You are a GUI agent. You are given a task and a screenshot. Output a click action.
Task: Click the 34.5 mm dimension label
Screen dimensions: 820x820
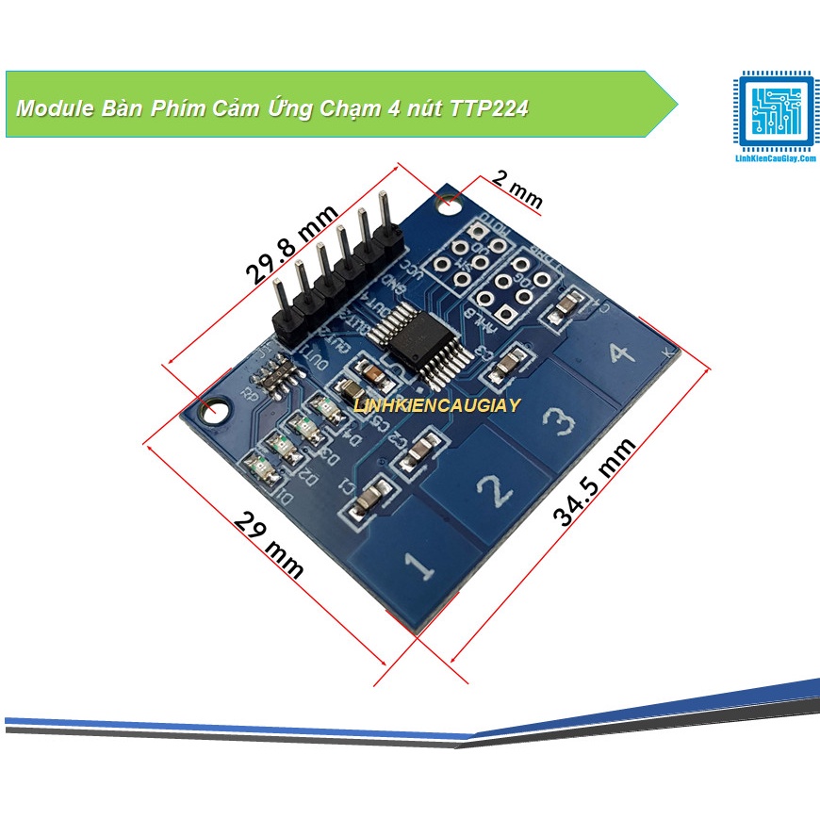coord(594,481)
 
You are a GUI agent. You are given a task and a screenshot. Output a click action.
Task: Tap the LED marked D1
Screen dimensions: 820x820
coord(256,464)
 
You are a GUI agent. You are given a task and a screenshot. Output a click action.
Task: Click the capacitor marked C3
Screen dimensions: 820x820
coord(509,363)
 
